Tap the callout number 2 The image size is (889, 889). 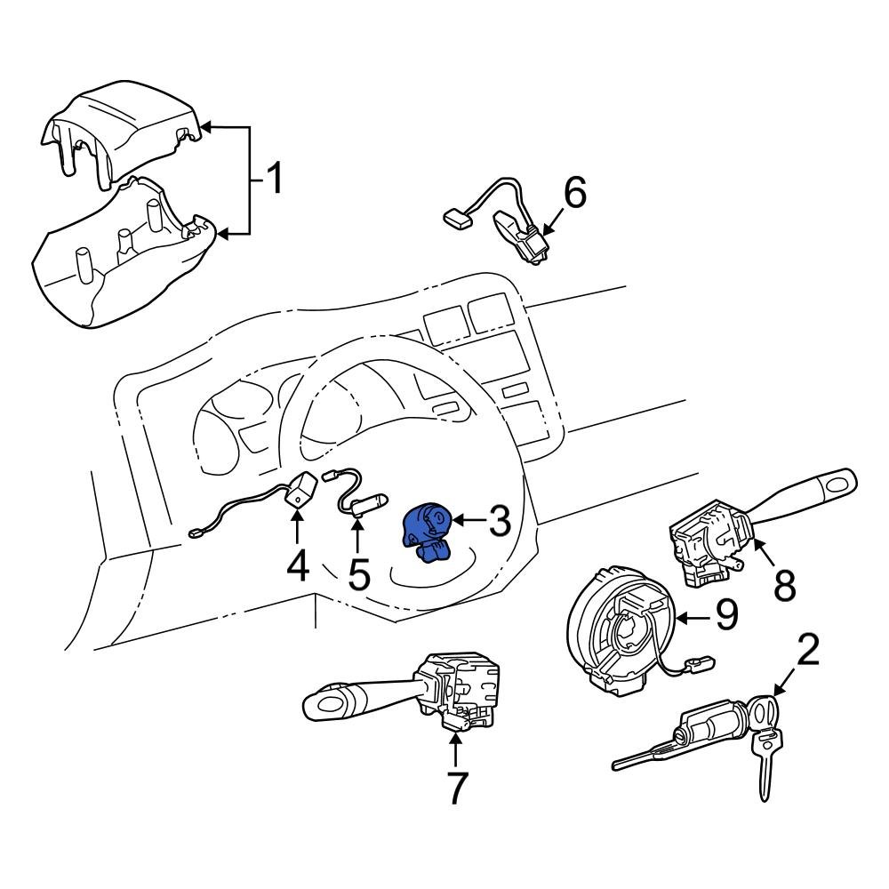pyautogui.click(x=806, y=653)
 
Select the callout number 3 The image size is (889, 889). pyautogui.click(x=500, y=522)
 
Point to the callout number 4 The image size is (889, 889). pyautogui.click(x=297, y=565)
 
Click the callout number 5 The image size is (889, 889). pyautogui.click(x=358, y=573)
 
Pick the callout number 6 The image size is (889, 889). pyautogui.click(x=575, y=193)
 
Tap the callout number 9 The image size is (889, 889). pyautogui.click(x=726, y=615)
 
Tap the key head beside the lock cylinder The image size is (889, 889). pyautogui.click(x=762, y=711)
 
